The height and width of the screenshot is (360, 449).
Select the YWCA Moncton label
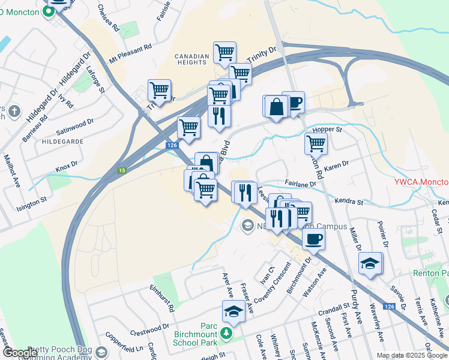coord(421,182)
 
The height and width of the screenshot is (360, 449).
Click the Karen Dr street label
coord(336,166)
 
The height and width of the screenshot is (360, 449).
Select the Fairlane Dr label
coord(300,184)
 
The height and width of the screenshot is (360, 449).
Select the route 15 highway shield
coord(122,171)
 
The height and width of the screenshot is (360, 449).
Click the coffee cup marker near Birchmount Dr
coord(313,240)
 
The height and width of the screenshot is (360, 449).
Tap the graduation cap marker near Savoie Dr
coord(370,264)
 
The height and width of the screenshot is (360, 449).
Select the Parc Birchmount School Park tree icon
coord(226,332)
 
